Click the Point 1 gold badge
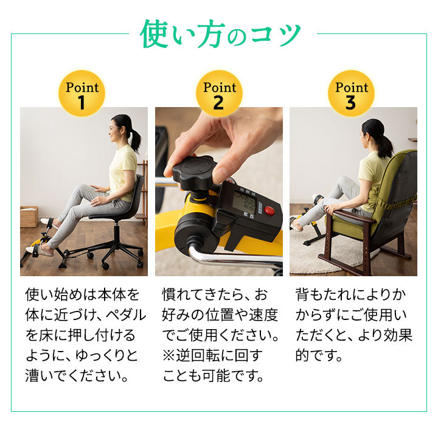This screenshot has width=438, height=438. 82,93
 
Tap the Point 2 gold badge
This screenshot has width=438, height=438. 219,93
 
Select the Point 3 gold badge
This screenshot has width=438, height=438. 351,93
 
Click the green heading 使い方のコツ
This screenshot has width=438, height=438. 220,35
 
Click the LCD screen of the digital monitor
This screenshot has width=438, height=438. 244,202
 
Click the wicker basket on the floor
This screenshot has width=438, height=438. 29,217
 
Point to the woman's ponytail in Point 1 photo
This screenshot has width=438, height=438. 136,141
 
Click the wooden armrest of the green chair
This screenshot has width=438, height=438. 354,216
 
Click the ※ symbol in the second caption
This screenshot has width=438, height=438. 169,355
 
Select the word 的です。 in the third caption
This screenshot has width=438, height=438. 319,355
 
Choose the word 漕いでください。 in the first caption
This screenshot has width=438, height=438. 77,376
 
